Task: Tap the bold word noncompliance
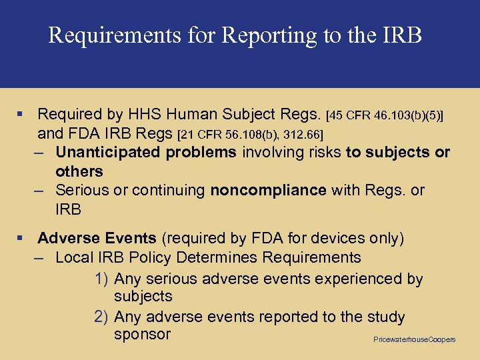[x=268, y=191]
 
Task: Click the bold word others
[x=79, y=171]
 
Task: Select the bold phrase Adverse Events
[x=97, y=239]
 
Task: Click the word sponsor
[x=142, y=335]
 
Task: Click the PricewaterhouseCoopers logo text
[x=415, y=340]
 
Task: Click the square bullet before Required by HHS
[x=22, y=115]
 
